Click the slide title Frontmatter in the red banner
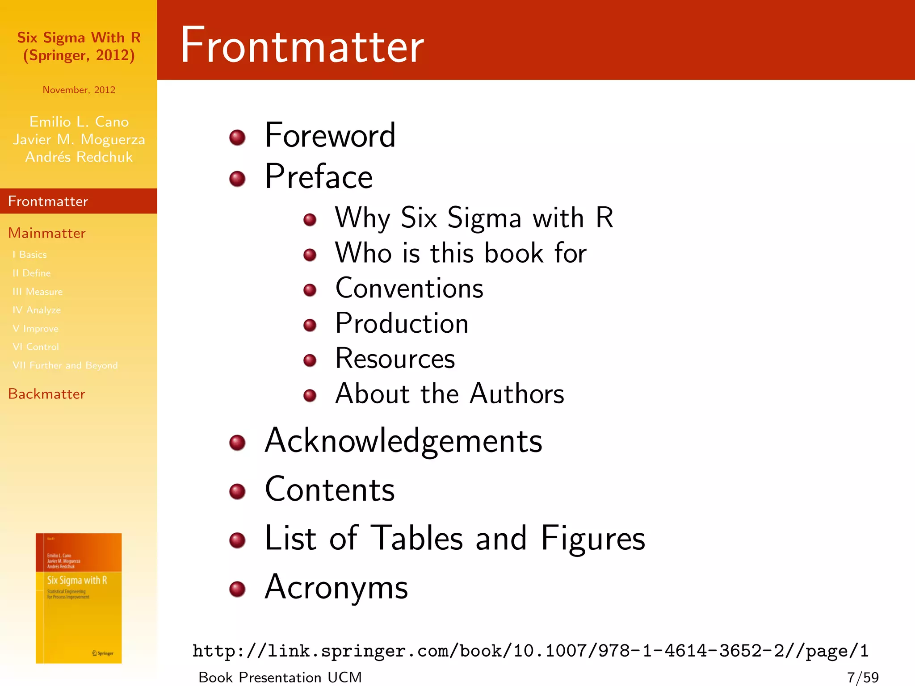tap(302, 45)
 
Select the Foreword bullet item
tap(330, 135)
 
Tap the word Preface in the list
tap(319, 177)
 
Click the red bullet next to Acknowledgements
tap(237, 443)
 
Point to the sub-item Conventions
tap(409, 288)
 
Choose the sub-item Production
tap(402, 323)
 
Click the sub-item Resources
tap(395, 359)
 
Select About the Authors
tap(449, 394)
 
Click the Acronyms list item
tap(336, 587)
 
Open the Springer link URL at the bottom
tap(530, 651)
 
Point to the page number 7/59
tap(863, 678)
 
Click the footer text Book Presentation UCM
tap(280, 678)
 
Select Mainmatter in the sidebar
tap(47, 233)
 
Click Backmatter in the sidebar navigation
tap(46, 394)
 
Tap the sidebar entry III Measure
tap(38, 292)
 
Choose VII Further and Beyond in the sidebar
tap(65, 365)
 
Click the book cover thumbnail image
tap(79, 598)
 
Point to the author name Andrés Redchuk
tap(79, 157)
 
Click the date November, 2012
tap(79, 90)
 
